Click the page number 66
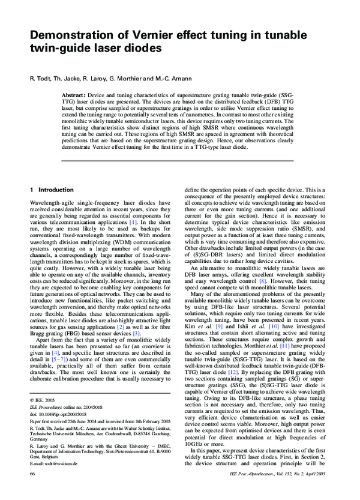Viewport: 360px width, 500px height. [33, 490]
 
